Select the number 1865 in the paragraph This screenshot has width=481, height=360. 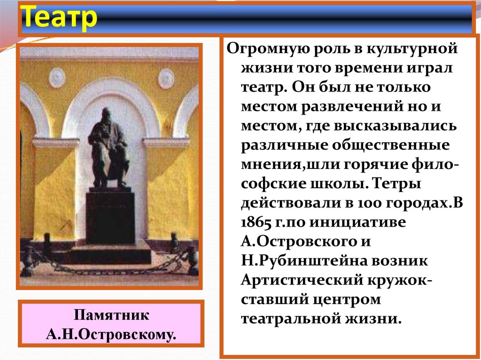click(x=256, y=222)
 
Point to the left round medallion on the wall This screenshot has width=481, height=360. click(x=57, y=77)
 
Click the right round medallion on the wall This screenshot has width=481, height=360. click(x=166, y=78)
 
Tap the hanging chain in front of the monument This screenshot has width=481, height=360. click(x=108, y=269)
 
